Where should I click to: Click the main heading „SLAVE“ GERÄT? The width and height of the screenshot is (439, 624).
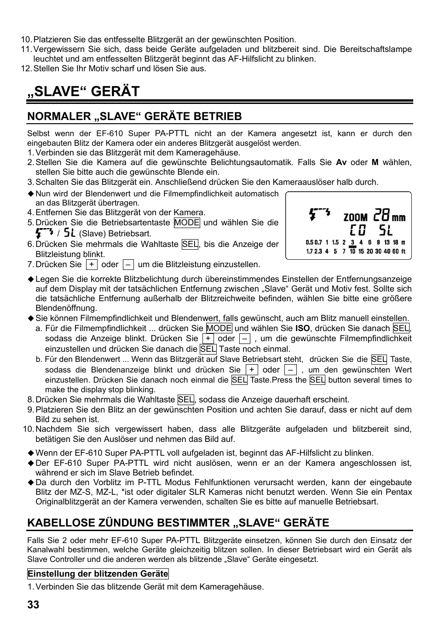tap(83, 91)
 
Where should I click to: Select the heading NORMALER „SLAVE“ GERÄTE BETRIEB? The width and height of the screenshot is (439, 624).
tap(134, 116)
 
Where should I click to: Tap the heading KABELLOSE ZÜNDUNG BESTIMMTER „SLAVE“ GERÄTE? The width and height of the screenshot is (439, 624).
tap(178, 522)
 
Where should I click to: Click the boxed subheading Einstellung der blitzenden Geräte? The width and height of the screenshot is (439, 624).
tap(98, 573)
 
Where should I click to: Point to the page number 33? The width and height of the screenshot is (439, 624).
tap(33, 605)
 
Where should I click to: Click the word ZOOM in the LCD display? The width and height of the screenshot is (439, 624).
tap(355, 217)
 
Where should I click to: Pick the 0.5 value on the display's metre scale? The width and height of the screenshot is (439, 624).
tap(309, 242)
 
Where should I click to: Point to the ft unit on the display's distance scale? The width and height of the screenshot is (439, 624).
tap(403, 252)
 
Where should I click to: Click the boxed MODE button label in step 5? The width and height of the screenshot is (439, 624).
tap(187, 223)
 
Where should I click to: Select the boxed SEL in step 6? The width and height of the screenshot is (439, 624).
tap(190, 244)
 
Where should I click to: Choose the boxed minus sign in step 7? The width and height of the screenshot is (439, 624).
tap(128, 264)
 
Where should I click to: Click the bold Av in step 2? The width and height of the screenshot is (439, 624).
tap(341, 162)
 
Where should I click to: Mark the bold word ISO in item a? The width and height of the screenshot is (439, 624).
tap(302, 328)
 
